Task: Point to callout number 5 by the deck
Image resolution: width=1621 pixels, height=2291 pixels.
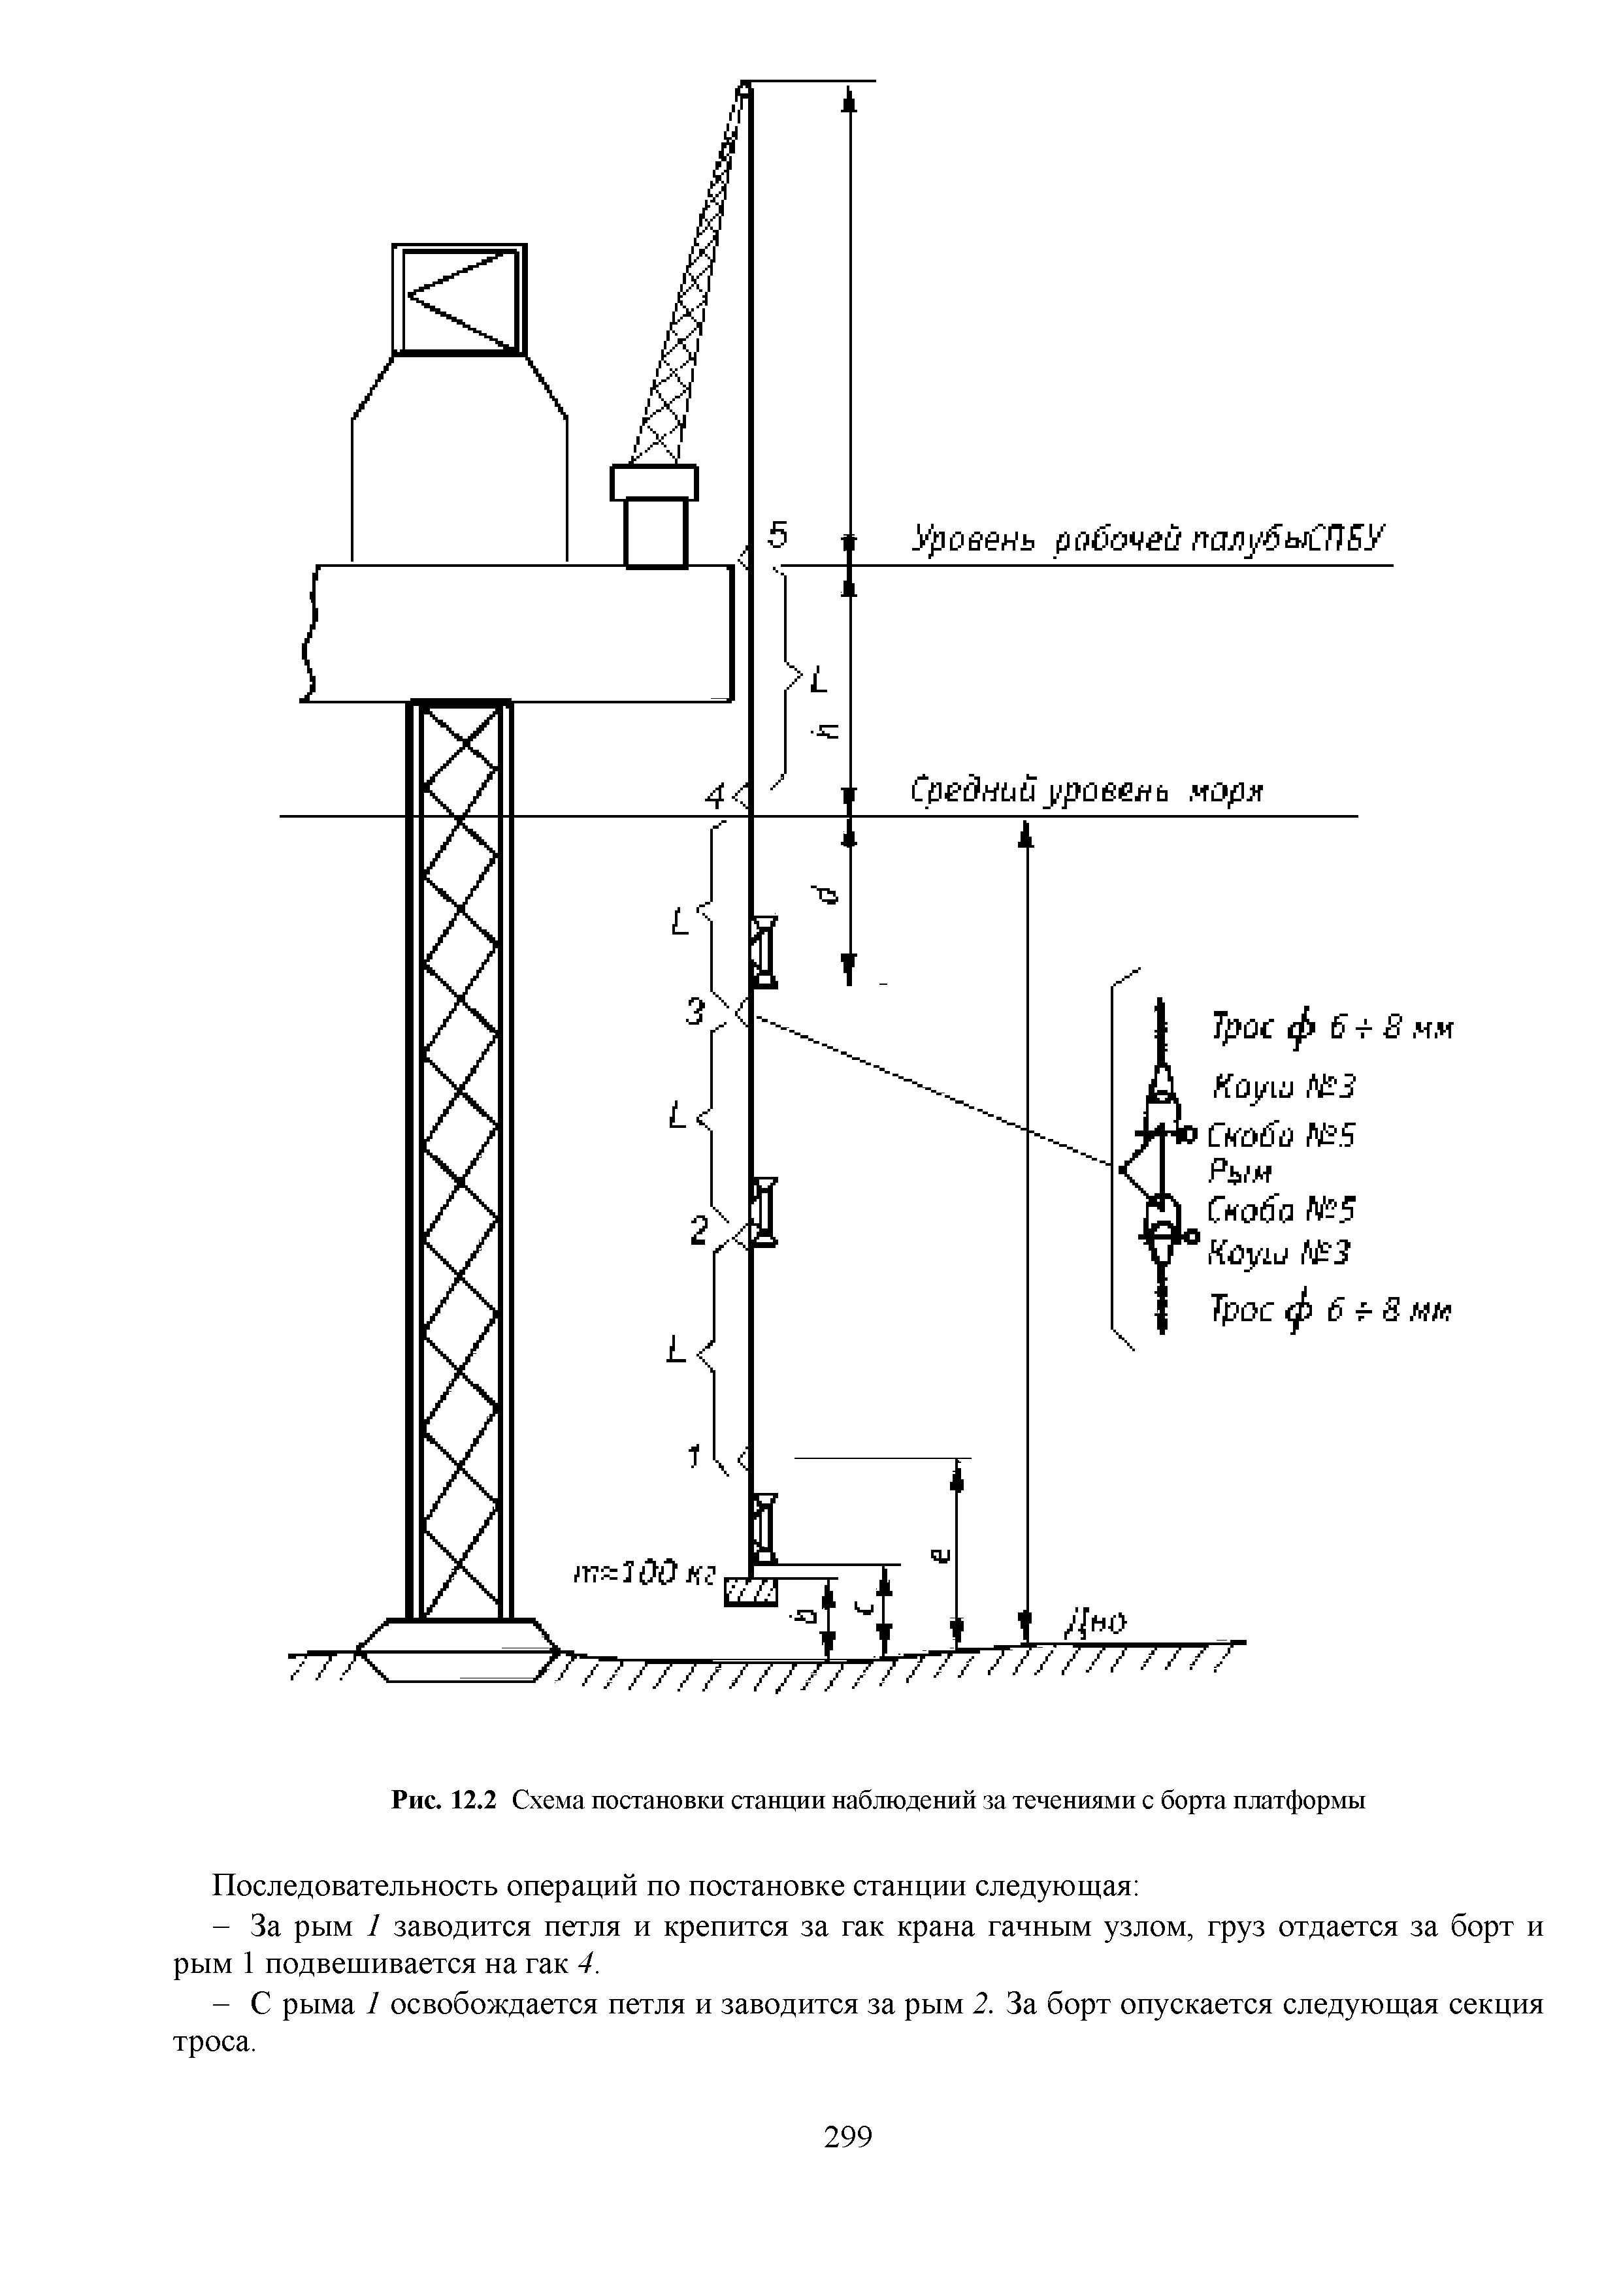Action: click(x=778, y=535)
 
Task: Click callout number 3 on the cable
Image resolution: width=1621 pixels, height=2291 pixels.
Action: click(x=696, y=1013)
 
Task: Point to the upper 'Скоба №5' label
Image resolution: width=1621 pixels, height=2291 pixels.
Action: click(x=1281, y=1136)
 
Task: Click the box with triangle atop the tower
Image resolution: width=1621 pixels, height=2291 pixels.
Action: click(x=459, y=298)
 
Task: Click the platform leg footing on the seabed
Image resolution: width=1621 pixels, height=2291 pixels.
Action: click(x=458, y=1652)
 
